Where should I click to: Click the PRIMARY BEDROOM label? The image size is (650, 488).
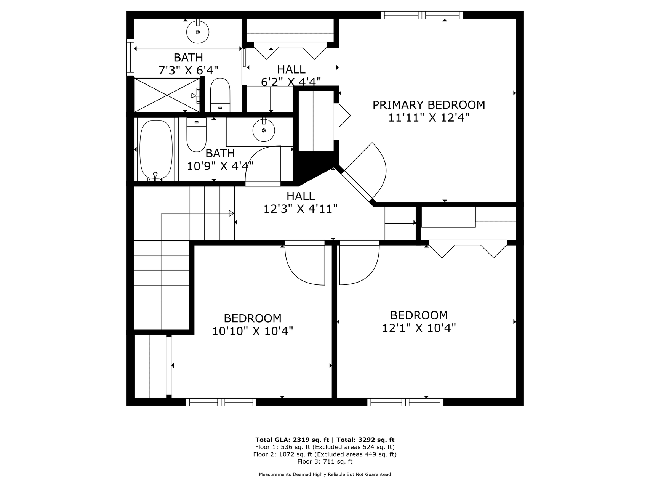(429, 105)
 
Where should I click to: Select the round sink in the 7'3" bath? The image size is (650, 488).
(198, 32)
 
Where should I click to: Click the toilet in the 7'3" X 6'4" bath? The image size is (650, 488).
(220, 95)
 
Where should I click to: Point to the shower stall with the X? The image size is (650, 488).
(167, 95)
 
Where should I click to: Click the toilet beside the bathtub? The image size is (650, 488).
(196, 135)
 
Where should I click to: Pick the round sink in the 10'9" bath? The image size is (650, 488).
(264, 130)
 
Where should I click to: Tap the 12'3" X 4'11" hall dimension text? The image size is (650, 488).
(301, 209)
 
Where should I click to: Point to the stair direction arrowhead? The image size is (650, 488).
(231, 213)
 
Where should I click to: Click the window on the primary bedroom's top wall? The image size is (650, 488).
(422, 15)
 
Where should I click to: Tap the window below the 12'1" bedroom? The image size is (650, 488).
(405, 402)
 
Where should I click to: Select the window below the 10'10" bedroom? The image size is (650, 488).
(221, 402)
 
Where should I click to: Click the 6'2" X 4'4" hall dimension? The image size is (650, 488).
(291, 82)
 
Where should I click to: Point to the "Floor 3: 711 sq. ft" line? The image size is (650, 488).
(325, 462)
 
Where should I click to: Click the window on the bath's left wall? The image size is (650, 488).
(131, 57)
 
